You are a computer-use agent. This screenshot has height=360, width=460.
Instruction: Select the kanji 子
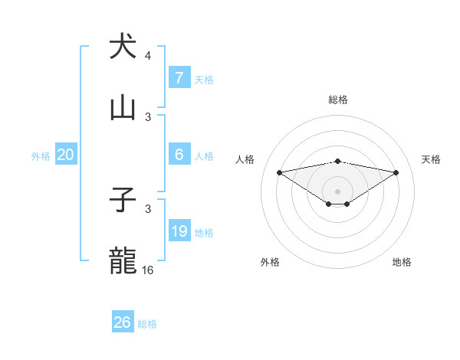(x=123, y=201)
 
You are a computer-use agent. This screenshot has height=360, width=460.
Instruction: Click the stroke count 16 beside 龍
(x=148, y=270)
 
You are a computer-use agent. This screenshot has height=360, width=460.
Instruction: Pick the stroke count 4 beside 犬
(x=148, y=56)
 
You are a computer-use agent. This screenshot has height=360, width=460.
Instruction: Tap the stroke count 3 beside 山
(x=148, y=117)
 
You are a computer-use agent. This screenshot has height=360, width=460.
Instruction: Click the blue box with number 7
(x=179, y=77)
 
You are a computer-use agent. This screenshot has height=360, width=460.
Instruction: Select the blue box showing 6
(x=179, y=155)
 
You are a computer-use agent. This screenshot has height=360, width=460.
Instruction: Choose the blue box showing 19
(x=179, y=231)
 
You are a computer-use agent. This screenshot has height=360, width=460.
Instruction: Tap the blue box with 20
(x=65, y=155)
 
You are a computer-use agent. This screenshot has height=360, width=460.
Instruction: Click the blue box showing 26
(x=123, y=322)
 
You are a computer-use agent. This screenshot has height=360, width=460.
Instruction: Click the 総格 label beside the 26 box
(x=147, y=324)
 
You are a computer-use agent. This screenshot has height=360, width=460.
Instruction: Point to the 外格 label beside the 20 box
(x=41, y=156)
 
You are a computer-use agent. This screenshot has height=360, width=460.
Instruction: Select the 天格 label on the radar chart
(x=431, y=159)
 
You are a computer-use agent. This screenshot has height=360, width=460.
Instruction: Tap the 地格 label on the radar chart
(x=402, y=263)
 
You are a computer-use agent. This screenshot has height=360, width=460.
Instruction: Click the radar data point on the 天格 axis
(x=396, y=172)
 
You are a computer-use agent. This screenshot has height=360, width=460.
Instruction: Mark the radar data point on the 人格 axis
(x=279, y=172)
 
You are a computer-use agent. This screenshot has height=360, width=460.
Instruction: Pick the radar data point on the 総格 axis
(x=337, y=161)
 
